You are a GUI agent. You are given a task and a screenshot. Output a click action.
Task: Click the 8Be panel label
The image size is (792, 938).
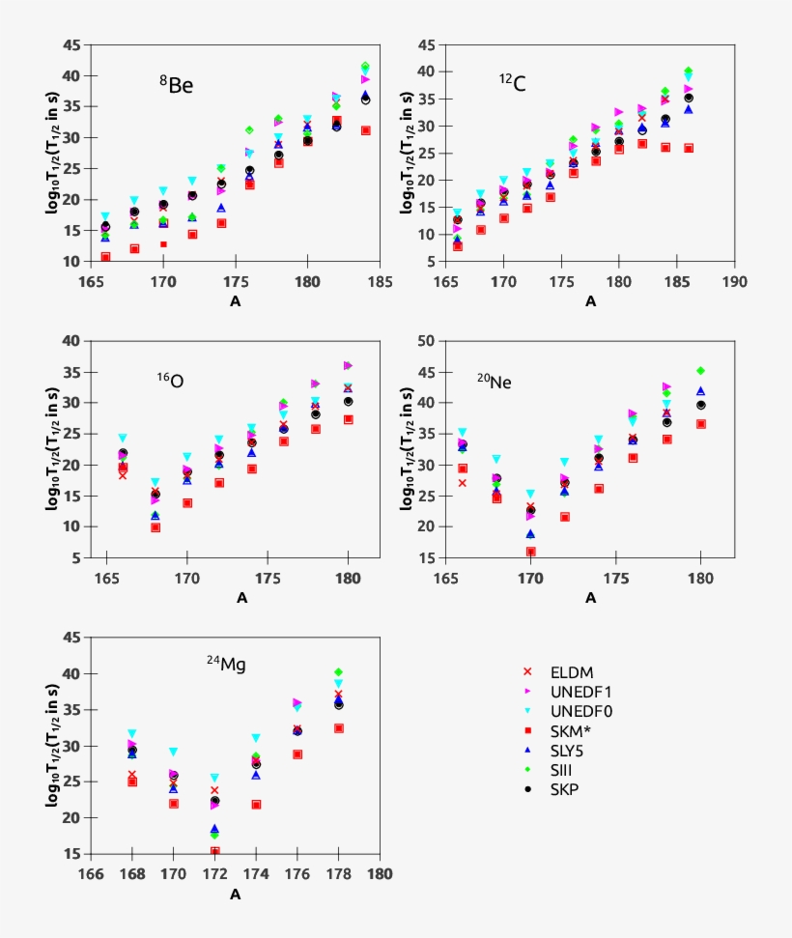(x=177, y=85)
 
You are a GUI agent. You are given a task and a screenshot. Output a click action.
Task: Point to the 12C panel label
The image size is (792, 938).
(x=512, y=84)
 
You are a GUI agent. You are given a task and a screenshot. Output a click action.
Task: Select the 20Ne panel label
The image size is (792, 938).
(x=495, y=381)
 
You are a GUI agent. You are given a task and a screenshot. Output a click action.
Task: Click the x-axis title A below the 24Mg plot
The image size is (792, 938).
(x=235, y=895)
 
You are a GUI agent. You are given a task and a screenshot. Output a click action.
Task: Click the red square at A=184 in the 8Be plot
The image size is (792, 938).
(x=366, y=130)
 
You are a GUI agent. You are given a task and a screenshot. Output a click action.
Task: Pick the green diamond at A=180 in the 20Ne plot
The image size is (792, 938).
(x=700, y=371)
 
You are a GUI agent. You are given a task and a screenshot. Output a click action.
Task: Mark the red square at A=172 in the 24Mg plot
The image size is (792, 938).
(x=214, y=851)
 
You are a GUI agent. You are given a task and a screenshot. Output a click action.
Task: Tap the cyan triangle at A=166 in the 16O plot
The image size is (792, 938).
(x=123, y=439)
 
